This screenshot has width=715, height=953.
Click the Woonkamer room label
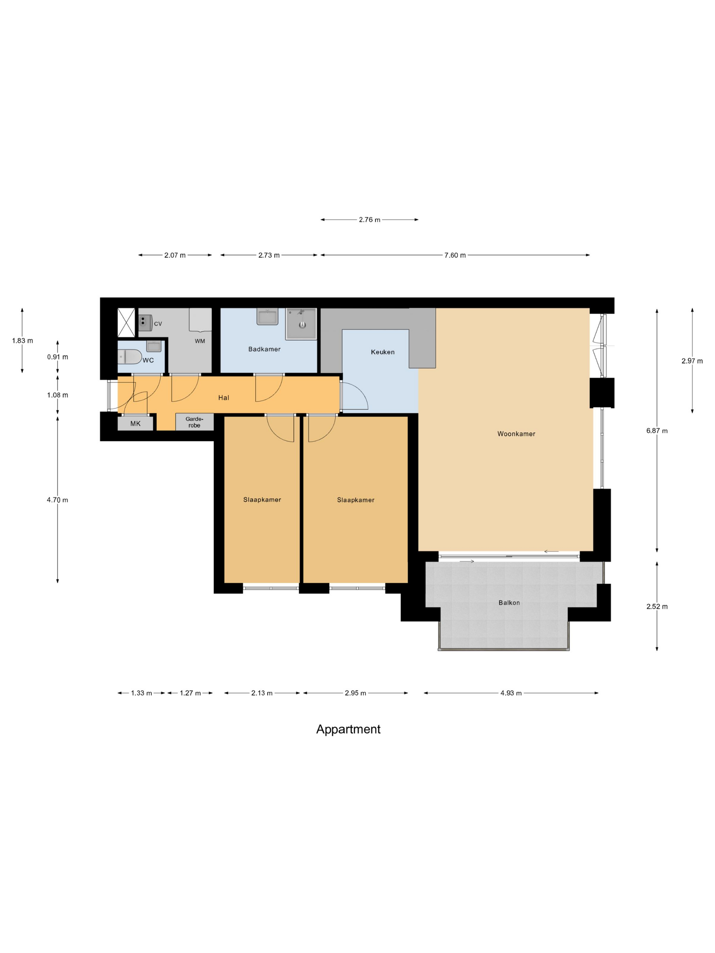516,434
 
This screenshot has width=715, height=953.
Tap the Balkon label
509,603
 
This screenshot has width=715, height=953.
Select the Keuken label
383,352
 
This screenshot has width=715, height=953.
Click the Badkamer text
264,349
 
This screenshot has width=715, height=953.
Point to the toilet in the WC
130,357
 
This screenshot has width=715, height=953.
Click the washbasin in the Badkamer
268,317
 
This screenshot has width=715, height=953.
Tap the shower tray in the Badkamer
301,324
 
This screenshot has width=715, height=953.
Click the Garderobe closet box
194,422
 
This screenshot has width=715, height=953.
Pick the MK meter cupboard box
135,423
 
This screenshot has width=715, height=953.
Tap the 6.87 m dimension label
657,431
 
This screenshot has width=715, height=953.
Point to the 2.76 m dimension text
370,220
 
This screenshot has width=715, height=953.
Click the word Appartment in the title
348,729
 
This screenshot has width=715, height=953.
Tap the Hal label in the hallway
224,398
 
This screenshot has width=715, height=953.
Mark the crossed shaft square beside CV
126,322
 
